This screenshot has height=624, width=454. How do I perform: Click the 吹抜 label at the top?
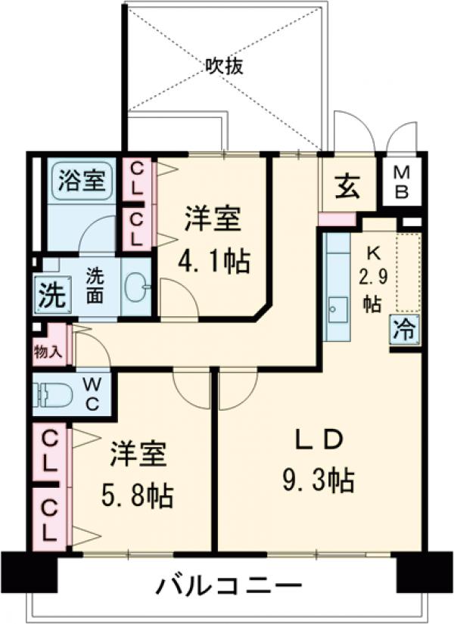tap(224, 67)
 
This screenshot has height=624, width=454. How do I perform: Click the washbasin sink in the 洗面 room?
tap(136, 287)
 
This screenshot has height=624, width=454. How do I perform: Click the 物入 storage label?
tap(50, 351)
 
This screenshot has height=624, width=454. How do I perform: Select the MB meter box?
tap(402, 182)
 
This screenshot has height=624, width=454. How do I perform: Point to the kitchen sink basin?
tap(337, 309)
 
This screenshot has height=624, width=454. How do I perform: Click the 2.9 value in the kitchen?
tap(373, 277)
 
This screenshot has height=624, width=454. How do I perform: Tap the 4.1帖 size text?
tap(215, 262)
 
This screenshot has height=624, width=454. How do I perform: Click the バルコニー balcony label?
tap(230, 585)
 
